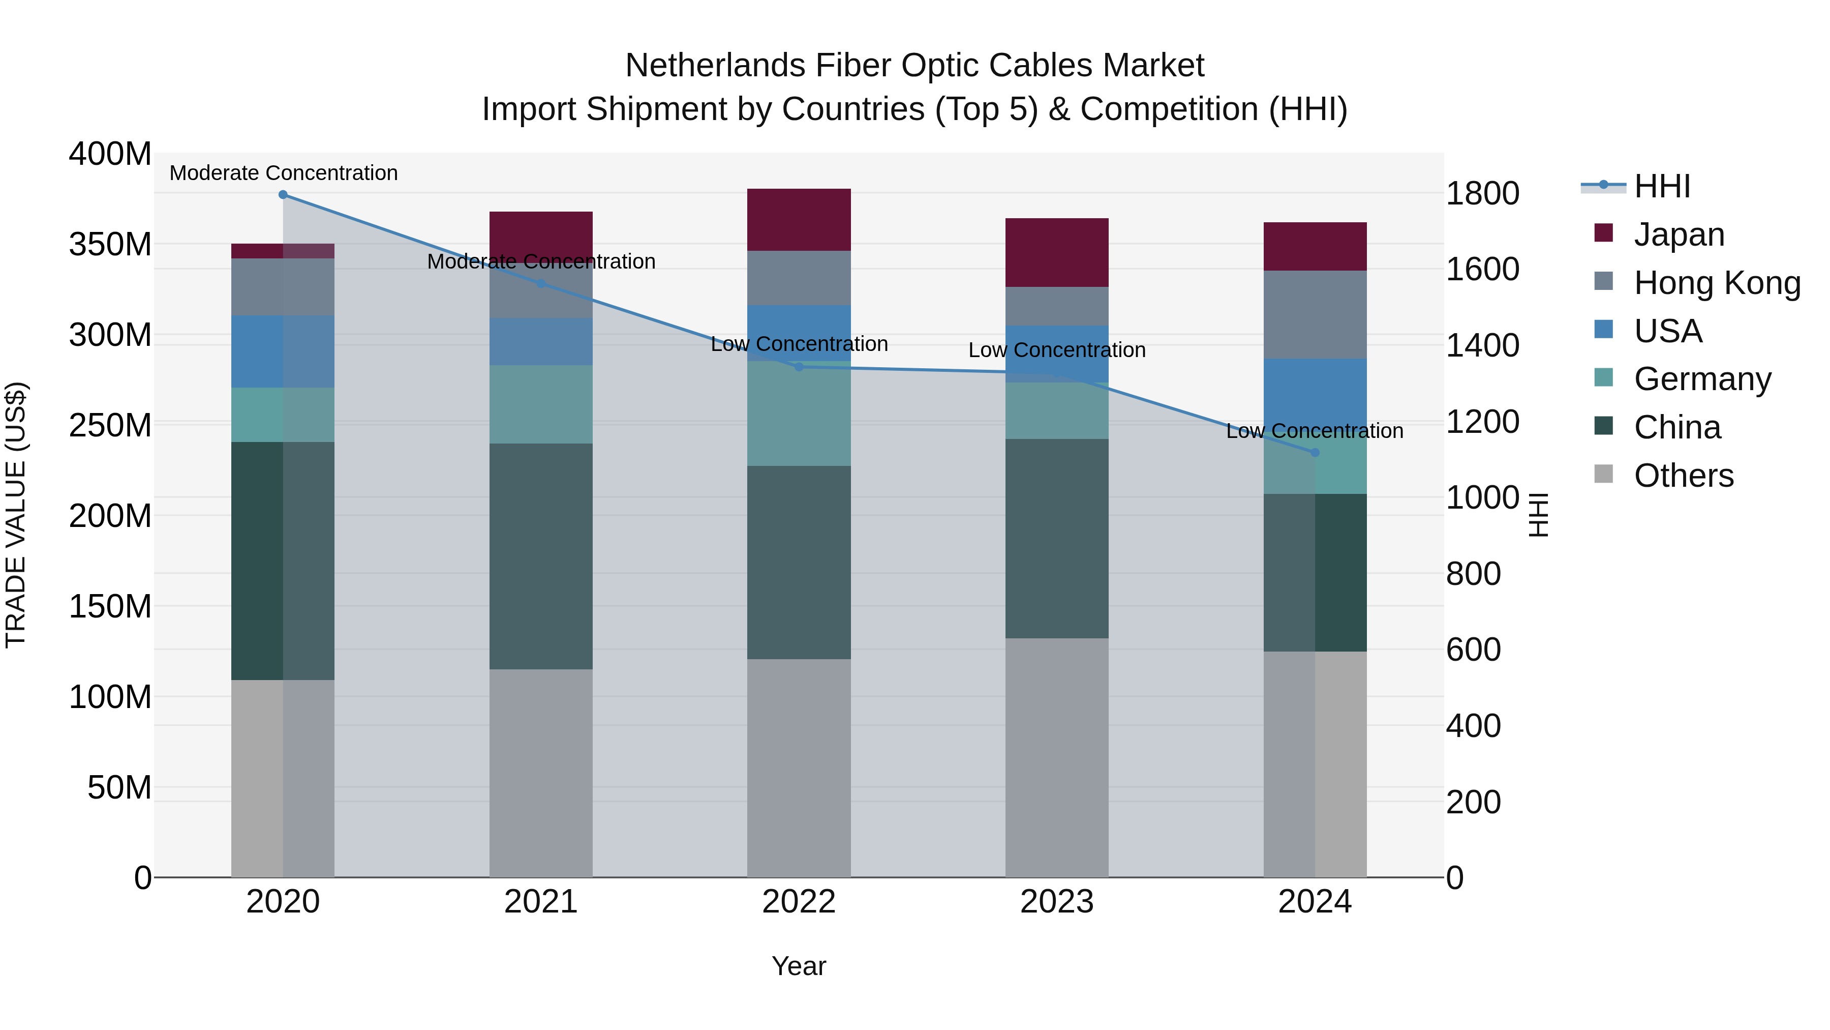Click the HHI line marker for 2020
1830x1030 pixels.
click(283, 195)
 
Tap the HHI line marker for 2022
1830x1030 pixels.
click(799, 367)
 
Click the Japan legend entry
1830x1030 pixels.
click(1679, 234)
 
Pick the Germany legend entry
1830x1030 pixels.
click(1702, 379)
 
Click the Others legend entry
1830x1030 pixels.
click(1683, 476)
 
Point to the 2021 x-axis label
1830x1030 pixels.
click(541, 902)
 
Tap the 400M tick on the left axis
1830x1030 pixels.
click(110, 154)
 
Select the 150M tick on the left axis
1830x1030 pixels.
click(110, 606)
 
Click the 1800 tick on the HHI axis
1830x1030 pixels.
click(1483, 193)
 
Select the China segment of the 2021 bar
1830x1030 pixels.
click(541, 556)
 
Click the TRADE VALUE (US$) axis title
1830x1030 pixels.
click(16, 515)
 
